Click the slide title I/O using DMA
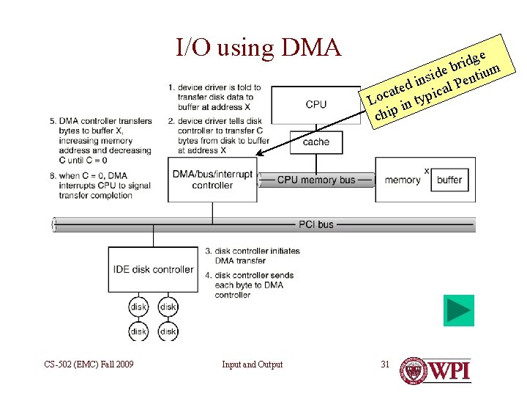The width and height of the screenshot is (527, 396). coord(258,48)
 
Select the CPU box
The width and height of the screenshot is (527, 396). coord(316,103)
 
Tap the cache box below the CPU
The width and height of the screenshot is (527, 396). coord(316,142)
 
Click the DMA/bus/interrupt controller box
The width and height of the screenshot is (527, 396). coord(212,180)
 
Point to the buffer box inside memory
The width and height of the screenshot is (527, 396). coord(449,180)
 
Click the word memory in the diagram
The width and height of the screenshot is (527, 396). coord(402,180)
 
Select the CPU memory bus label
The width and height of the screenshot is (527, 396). coord(316,180)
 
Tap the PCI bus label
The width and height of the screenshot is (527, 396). coord(316,224)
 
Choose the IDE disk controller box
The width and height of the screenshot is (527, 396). coord(153,270)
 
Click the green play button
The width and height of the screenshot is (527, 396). coord(459,310)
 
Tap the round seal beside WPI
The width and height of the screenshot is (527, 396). coord(414,371)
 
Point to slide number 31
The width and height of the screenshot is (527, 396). coord(386,364)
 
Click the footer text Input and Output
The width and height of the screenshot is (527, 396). coord(252,364)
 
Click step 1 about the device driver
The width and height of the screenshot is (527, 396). coord(214,97)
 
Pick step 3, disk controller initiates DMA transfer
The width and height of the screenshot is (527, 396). coord(252,256)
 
